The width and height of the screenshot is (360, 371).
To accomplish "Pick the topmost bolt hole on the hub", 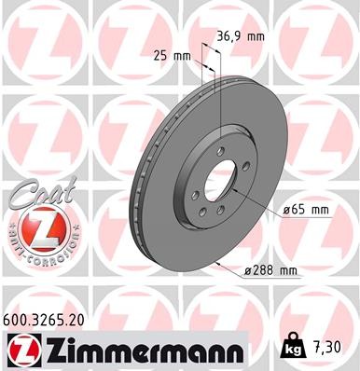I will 220,153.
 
